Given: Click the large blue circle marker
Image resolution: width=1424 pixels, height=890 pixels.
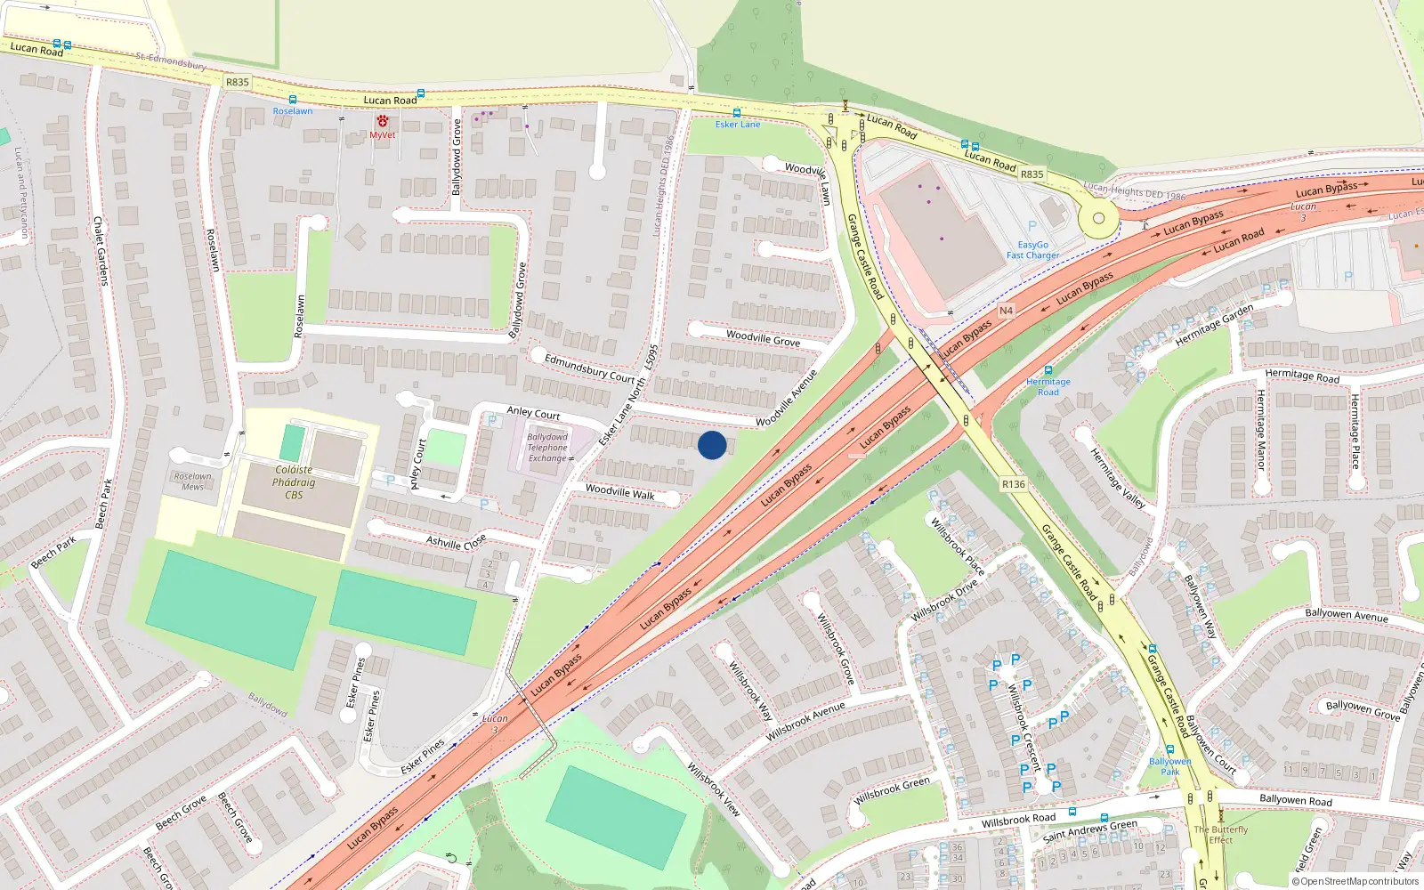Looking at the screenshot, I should click(712, 445).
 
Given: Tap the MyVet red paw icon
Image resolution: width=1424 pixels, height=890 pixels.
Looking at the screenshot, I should click(383, 121).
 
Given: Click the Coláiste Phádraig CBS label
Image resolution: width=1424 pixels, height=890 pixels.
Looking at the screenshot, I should click(294, 481).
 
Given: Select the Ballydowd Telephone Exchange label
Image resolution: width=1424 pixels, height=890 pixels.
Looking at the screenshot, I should click(547, 448).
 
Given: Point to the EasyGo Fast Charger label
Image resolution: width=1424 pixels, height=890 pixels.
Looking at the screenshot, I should click(1032, 250).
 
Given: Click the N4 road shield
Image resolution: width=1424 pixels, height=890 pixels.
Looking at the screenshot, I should click(1006, 311).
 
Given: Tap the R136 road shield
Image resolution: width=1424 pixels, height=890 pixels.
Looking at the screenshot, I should click(1013, 484).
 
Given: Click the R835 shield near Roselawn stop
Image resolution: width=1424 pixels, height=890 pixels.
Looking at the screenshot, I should click(238, 82).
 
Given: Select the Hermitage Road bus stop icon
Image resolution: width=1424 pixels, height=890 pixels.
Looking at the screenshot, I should click(1048, 370).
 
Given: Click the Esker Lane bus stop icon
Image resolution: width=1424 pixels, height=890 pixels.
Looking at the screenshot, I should click(737, 113).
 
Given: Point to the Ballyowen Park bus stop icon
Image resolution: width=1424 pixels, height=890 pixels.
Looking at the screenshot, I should click(1169, 749).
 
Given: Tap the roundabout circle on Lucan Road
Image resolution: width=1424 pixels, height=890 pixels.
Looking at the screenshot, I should click(1098, 218).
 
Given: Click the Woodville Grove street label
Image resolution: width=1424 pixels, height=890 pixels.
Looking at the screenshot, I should click(763, 338).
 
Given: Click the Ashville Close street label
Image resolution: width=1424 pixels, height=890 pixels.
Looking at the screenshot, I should click(456, 542).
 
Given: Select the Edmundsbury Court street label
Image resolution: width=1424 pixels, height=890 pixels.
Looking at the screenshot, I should click(589, 368).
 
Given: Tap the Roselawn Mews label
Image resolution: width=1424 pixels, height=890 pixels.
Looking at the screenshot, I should click(193, 481).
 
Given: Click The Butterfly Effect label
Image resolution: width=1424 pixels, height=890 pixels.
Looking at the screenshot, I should click(1220, 834).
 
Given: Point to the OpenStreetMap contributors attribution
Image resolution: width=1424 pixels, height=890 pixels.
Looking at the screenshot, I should click(1355, 881).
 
